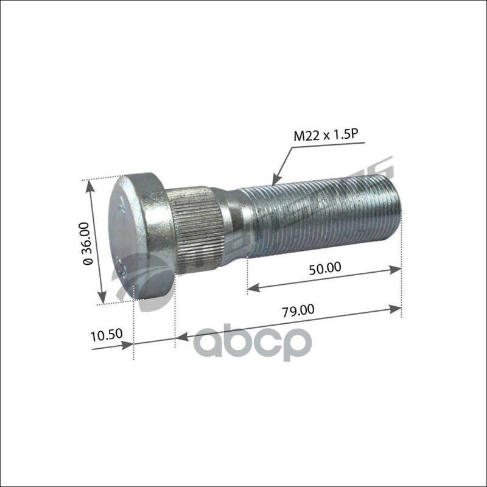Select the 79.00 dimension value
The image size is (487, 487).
[298, 310]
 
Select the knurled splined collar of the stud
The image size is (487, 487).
[193, 229]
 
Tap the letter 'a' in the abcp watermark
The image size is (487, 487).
[210, 345]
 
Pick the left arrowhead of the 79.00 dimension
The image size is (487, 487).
[181, 335]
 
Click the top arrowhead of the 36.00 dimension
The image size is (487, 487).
[91, 186]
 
